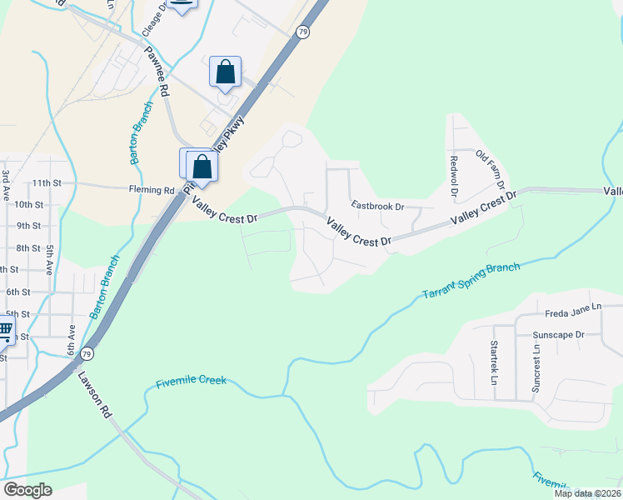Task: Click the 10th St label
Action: [52, 204]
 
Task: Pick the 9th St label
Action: [52, 226]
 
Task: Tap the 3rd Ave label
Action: [6, 179]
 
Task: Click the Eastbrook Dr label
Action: [376, 205]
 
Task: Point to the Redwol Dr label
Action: [454, 175]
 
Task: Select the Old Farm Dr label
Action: [491, 168]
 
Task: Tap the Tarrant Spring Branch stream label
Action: [471, 282]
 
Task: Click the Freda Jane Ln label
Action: [573, 313]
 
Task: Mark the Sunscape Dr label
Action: [559, 335]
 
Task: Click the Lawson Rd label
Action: [95, 394]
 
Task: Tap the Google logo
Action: [27, 490]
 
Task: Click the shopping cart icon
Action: [5, 332]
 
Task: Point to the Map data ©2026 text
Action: [587, 493]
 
